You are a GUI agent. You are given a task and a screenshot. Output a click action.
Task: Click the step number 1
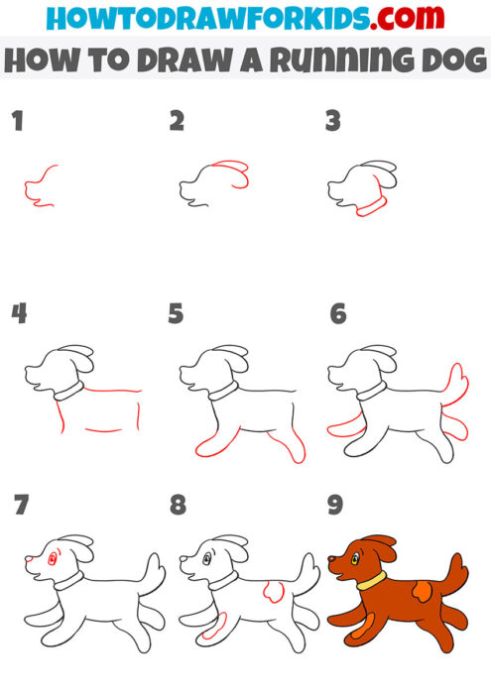[x=16, y=123]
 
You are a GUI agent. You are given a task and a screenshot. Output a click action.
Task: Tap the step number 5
[x=176, y=314]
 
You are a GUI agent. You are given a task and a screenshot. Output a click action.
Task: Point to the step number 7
[x=21, y=506]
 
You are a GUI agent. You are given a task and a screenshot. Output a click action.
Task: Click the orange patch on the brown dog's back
[x=420, y=592]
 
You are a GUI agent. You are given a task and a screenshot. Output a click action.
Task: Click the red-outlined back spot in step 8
[x=269, y=592]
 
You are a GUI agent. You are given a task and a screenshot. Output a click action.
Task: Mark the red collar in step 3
[x=371, y=205]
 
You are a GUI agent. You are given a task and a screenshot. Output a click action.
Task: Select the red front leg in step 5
[x=214, y=444]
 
